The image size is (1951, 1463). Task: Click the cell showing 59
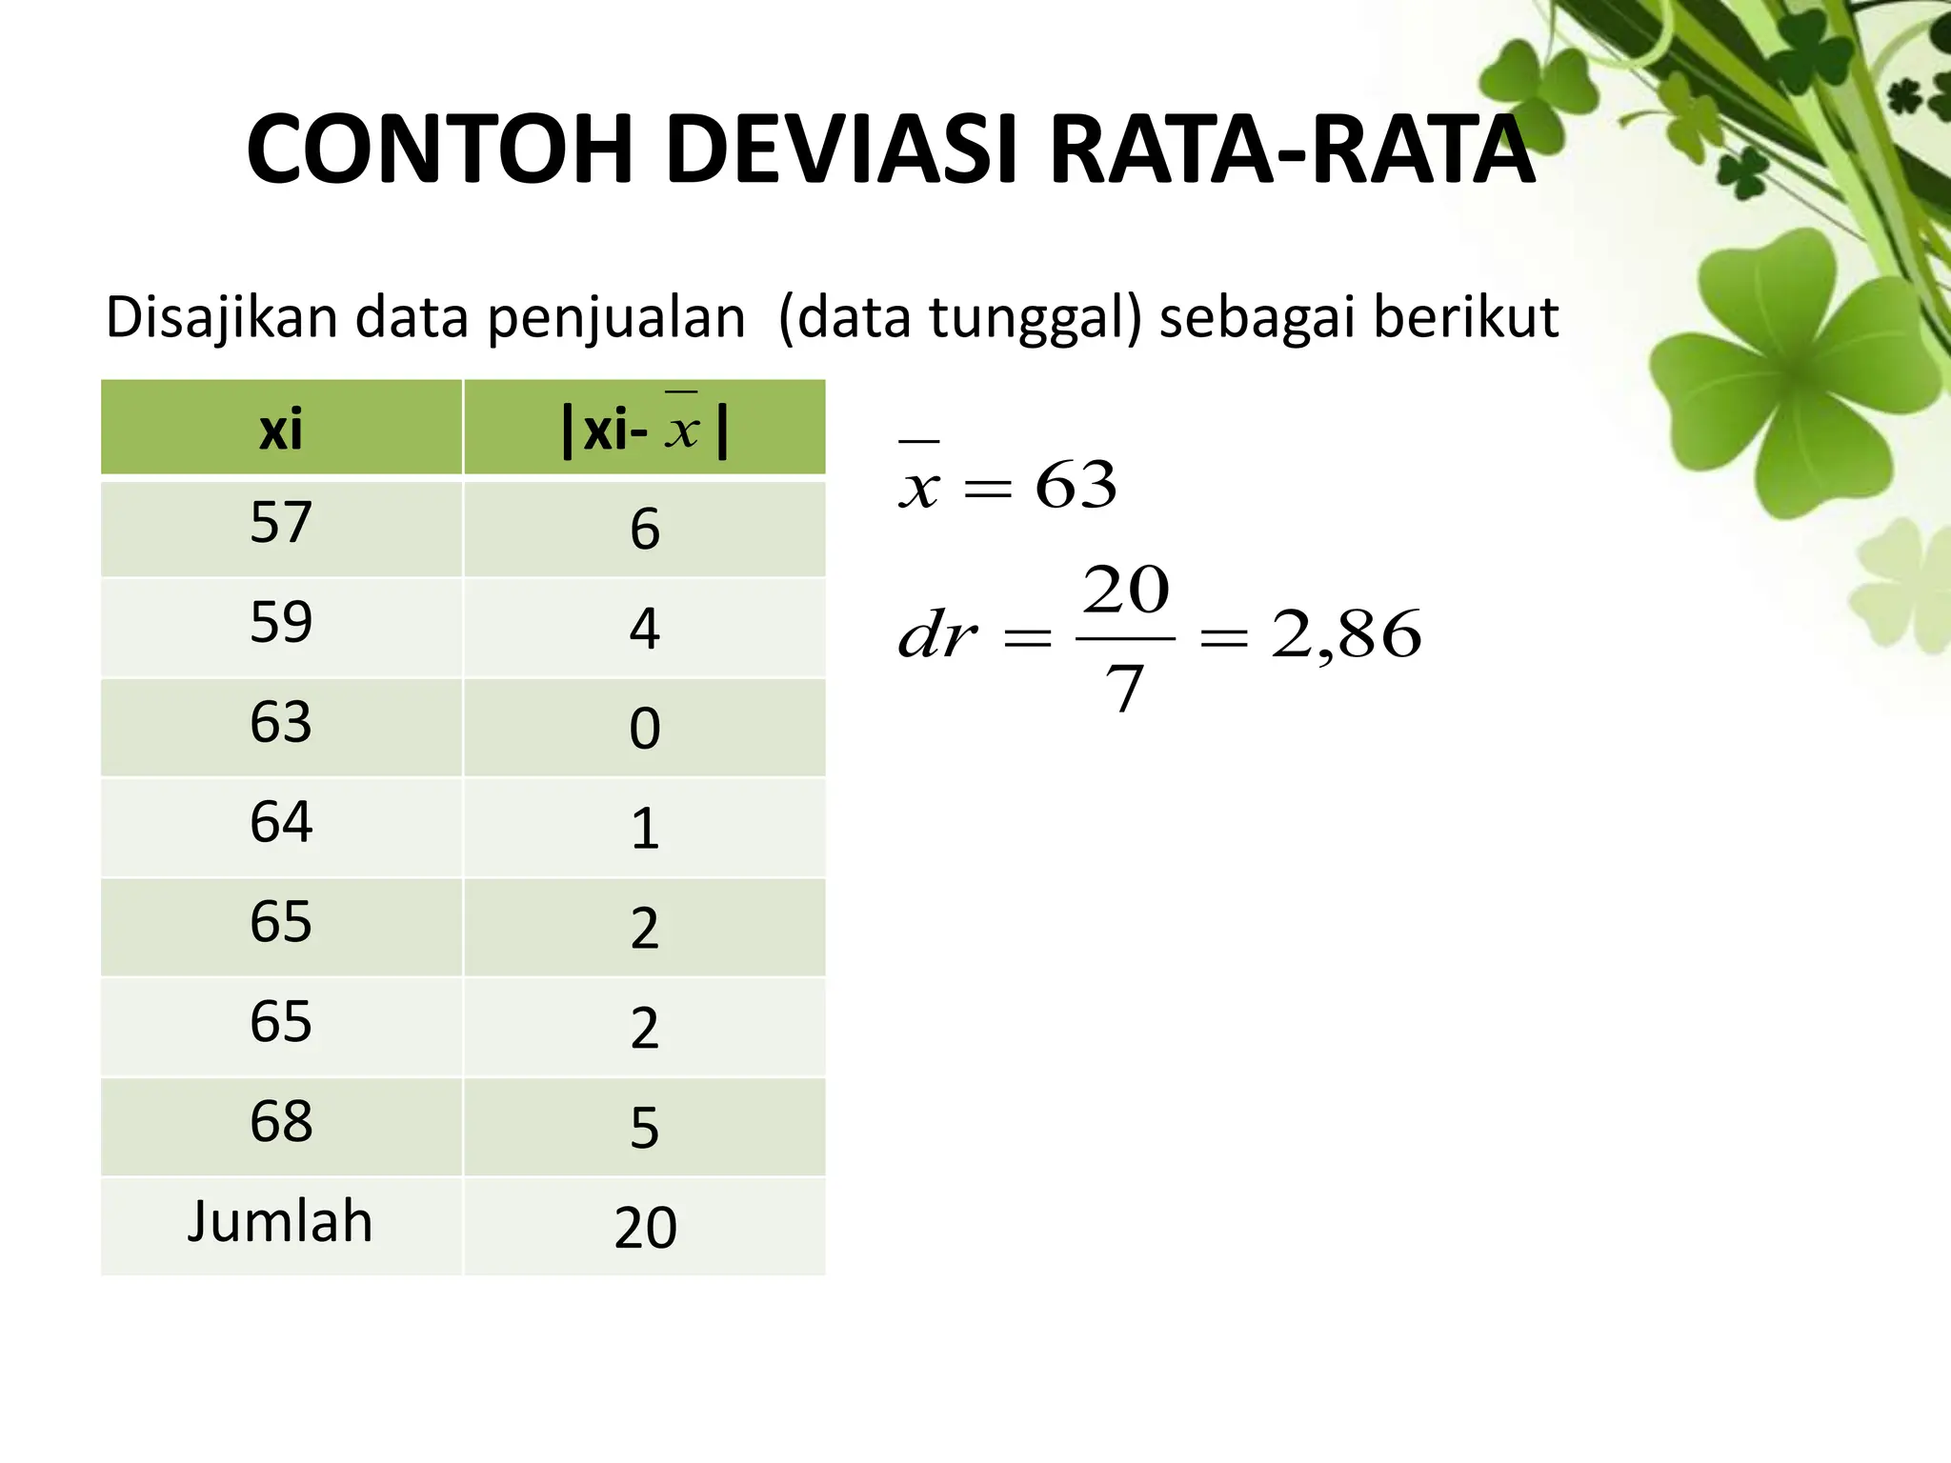pyautogui.click(x=281, y=623)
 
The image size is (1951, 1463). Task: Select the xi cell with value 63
pyautogui.click(x=281, y=723)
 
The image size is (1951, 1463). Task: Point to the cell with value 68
pyautogui.click(x=281, y=1122)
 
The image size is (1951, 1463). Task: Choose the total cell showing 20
pyautogui.click(x=645, y=1228)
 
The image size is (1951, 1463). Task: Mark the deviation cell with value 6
pyautogui.click(x=645, y=530)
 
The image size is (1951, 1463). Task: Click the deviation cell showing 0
pyautogui.click(x=645, y=730)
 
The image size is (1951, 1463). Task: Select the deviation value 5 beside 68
pyautogui.click(x=645, y=1129)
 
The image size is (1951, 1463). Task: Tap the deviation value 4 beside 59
pyautogui.click(x=645, y=630)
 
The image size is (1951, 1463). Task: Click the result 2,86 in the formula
pyautogui.click(x=1346, y=635)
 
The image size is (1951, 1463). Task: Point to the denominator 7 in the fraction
pyautogui.click(x=1124, y=689)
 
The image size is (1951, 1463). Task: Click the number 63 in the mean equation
pyautogui.click(x=1076, y=485)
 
